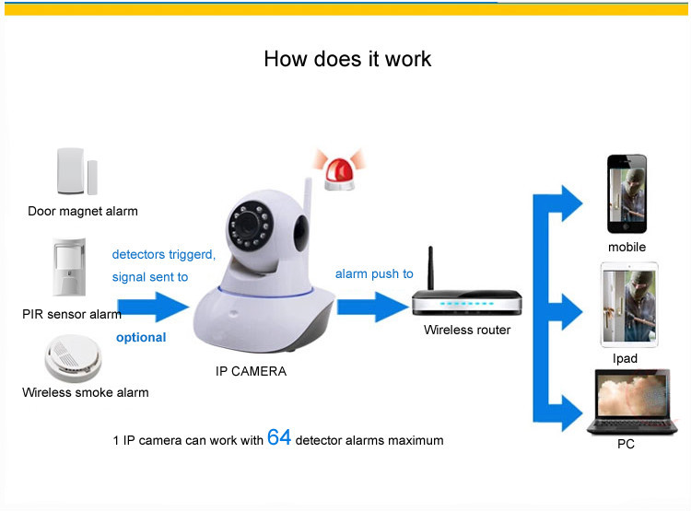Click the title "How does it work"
347,59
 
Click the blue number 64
279,437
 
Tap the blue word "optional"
141,338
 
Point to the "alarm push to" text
374,273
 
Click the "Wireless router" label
467,330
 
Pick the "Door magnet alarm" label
83,211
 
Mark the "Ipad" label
625,358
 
